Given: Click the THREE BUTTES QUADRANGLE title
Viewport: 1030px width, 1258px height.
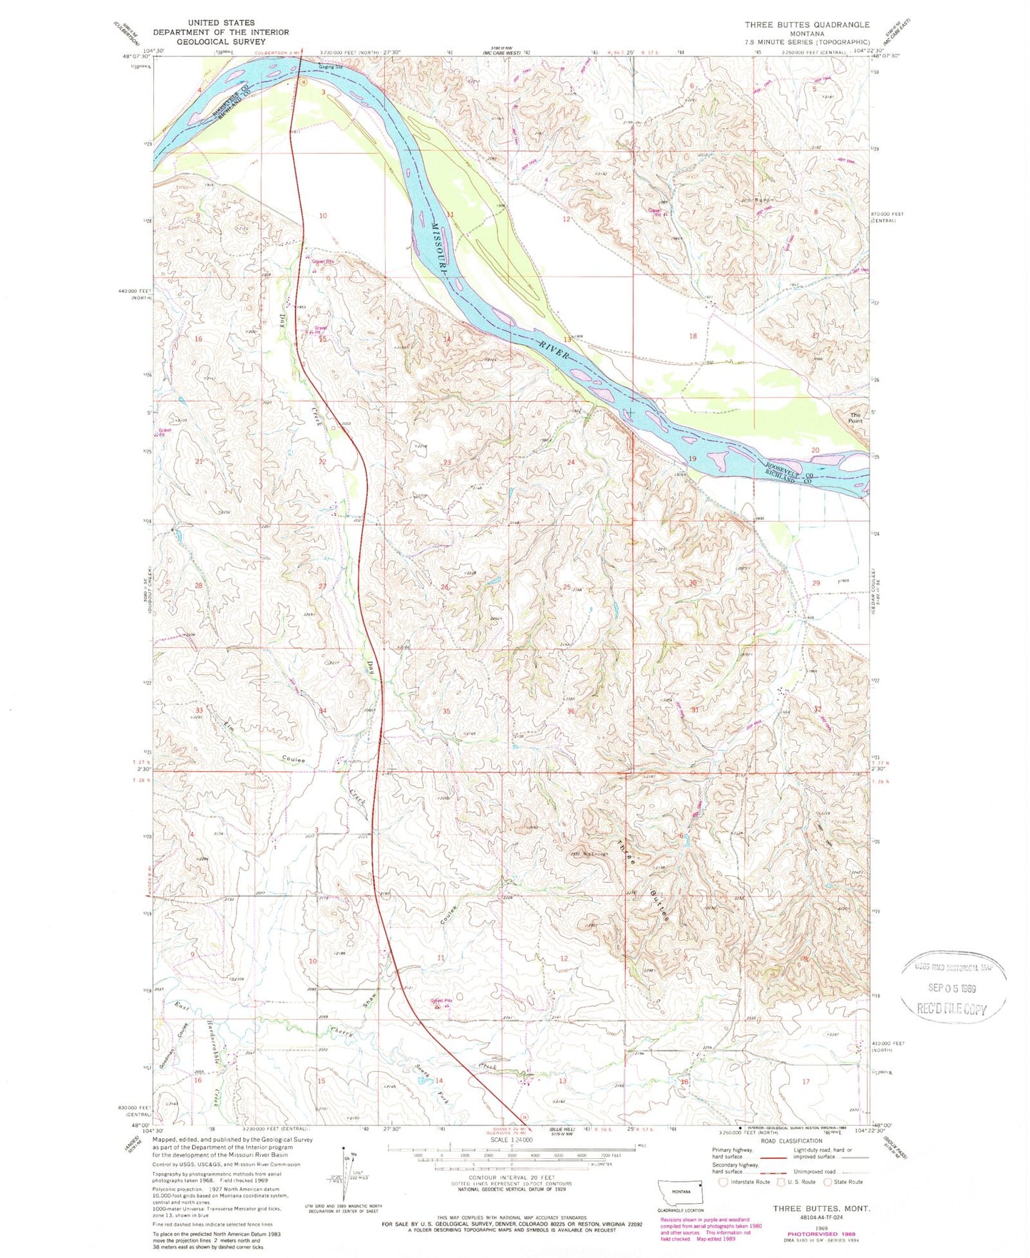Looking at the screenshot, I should click(x=808, y=24).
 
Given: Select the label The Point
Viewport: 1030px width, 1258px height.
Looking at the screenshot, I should click(x=855, y=418).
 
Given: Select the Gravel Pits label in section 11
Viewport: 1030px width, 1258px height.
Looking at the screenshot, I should click(x=441, y=1000).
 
